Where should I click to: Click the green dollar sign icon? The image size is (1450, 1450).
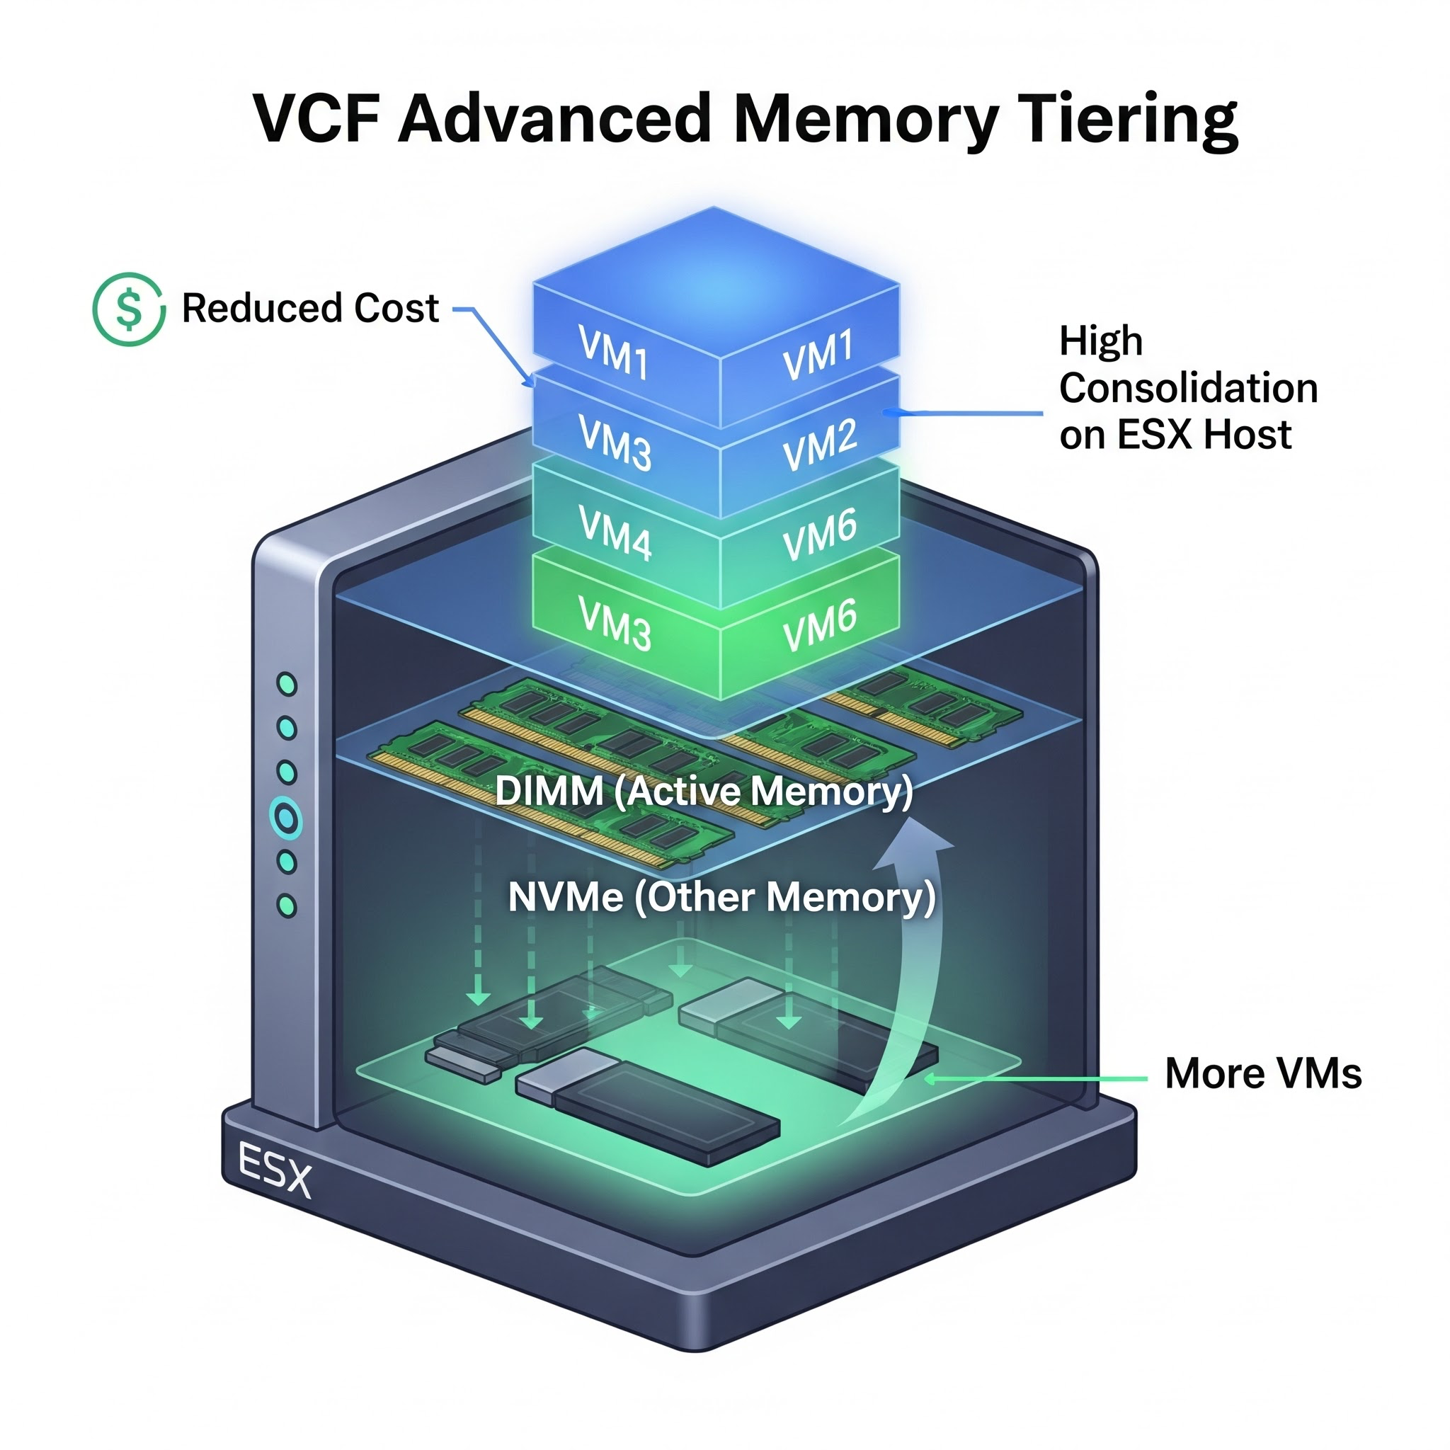pos(129,309)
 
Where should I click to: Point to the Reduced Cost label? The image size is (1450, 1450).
pos(310,308)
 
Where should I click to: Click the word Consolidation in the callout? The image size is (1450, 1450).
pos(1188,388)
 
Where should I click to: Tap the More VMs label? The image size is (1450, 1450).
pos(1263,1073)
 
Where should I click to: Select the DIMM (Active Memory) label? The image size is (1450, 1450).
pos(704,790)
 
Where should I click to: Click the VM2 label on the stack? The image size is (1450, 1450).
pos(819,445)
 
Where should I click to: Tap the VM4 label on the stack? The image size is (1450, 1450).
pos(615,532)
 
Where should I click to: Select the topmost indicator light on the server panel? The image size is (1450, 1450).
pos(287,684)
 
